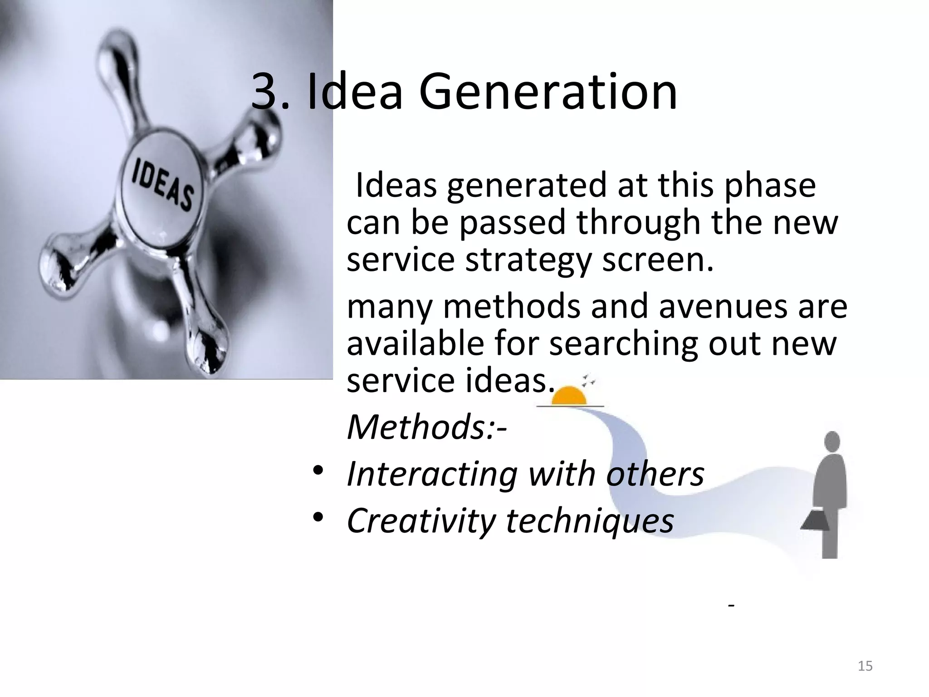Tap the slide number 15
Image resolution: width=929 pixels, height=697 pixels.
(865, 666)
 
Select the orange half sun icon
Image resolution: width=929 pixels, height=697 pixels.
(569, 396)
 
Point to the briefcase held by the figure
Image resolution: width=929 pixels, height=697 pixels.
(816, 520)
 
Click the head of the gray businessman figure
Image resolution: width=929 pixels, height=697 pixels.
(831, 441)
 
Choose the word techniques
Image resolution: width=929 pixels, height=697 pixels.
(590, 520)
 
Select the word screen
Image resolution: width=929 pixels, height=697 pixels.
(657, 261)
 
